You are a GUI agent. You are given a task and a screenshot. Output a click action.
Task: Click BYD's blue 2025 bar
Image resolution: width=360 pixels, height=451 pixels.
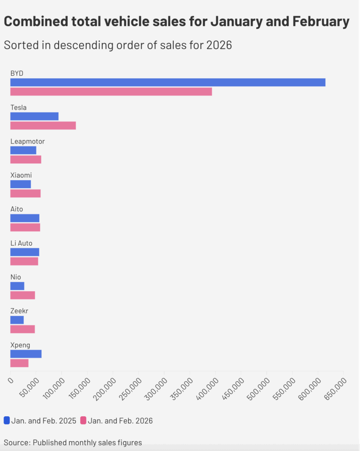point(168,82)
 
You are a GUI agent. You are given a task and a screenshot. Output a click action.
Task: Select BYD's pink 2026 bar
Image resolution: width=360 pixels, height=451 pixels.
point(111,92)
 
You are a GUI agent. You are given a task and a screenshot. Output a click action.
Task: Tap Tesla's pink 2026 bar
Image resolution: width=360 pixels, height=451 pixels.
point(43,126)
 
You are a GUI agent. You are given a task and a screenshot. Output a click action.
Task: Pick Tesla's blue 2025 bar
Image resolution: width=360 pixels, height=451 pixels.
point(34,116)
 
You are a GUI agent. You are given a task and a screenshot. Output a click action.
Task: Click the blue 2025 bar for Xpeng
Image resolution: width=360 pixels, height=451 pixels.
point(26,354)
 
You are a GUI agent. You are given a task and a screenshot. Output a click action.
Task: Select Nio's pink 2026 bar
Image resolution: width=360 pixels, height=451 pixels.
point(22,295)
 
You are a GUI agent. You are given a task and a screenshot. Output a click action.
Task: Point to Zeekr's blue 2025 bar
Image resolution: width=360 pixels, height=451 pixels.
point(17,320)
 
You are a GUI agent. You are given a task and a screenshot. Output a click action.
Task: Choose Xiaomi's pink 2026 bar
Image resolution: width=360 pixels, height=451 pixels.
point(25,193)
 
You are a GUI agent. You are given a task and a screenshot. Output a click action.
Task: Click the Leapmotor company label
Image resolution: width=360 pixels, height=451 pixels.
point(27,141)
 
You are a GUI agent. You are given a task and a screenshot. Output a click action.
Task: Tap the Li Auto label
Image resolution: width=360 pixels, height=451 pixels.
point(21,243)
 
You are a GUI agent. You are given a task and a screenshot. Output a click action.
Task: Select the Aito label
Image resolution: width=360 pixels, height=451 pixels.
point(17,209)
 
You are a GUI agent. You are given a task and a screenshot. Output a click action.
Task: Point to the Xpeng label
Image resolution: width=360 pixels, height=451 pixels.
point(20,345)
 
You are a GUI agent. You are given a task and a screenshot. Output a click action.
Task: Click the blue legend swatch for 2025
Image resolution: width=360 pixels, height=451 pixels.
point(7,420)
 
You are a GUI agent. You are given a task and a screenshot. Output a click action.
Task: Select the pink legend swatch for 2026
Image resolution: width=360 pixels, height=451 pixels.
point(83,420)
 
